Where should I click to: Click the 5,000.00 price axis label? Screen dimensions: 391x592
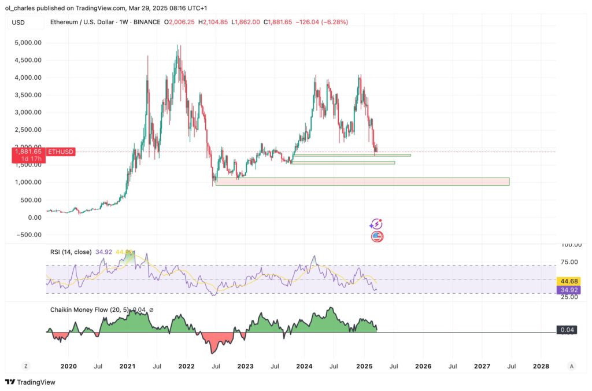coord(29,43)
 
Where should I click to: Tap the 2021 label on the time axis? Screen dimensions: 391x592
coord(127,366)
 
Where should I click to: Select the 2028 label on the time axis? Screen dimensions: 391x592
coord(541,366)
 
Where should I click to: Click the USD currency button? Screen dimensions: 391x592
coord(18,22)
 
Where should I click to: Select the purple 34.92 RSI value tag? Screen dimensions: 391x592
coord(568,290)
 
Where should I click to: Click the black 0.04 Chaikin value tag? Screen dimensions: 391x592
coord(566,330)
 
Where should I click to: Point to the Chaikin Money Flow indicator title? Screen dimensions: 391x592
coord(82,311)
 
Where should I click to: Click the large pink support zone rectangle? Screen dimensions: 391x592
coord(362,182)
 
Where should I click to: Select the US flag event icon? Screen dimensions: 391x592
coord(377,236)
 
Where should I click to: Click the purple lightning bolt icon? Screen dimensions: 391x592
coord(376,224)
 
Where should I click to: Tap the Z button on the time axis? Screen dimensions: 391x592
coord(25,366)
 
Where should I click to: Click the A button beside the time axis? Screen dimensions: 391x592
coord(571,366)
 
